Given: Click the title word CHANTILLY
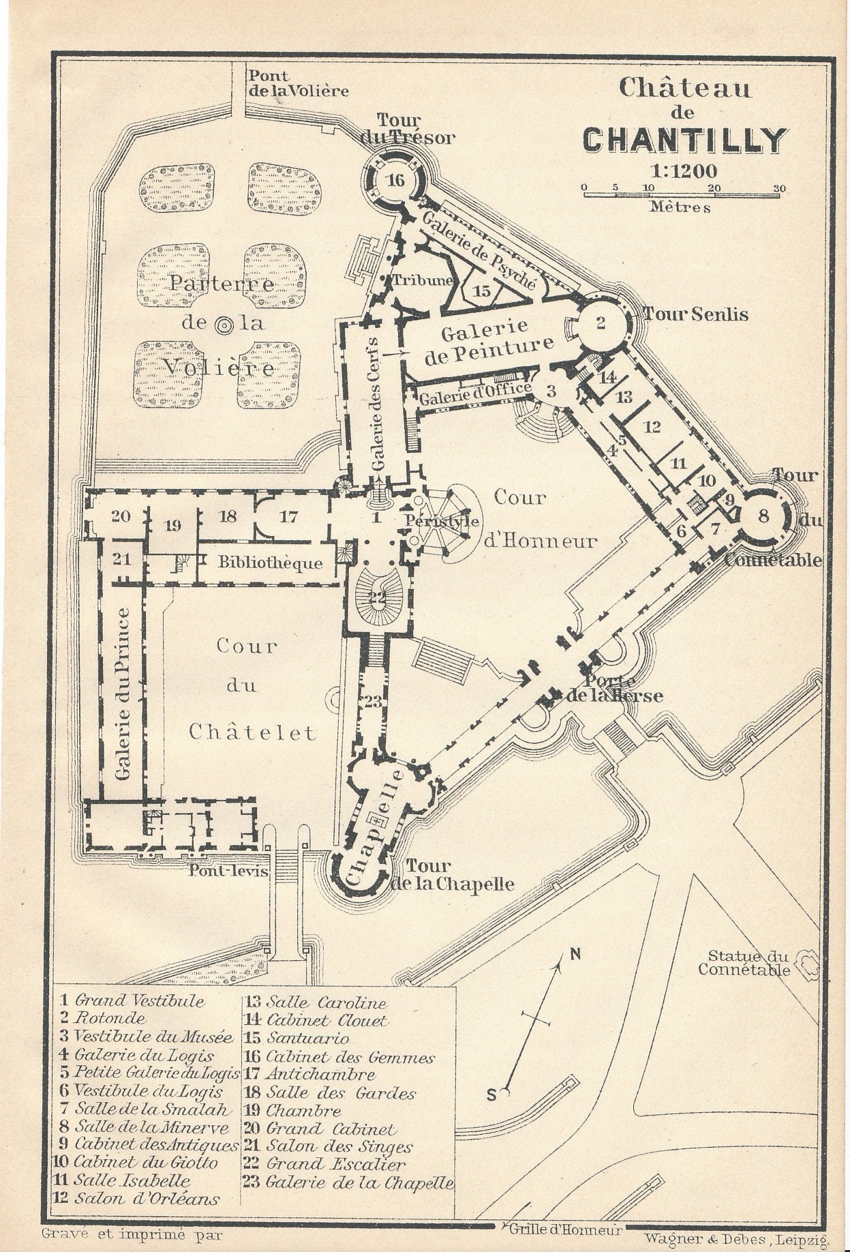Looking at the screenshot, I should point(685,140).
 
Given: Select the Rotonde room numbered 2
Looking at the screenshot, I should point(601,323).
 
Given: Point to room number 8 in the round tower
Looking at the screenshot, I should point(763,516).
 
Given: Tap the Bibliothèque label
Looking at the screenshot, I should point(270,563).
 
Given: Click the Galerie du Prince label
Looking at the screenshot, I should point(123,694).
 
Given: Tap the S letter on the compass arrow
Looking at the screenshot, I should point(492,1095).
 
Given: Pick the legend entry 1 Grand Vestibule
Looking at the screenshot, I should point(132,1001).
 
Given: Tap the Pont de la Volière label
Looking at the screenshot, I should point(297,83).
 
